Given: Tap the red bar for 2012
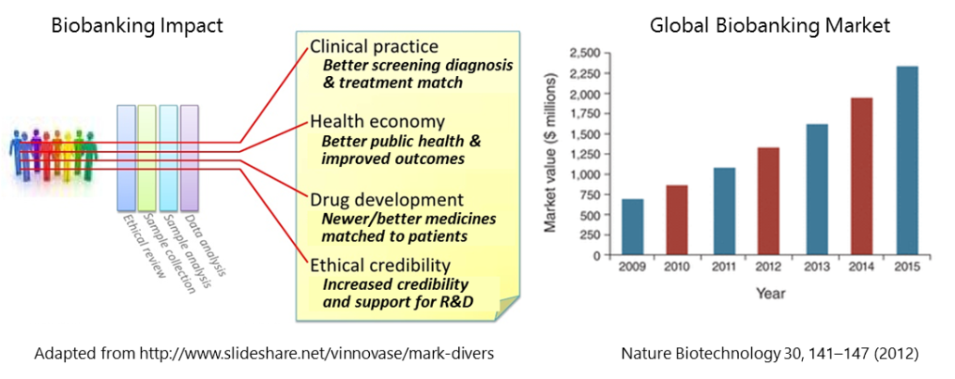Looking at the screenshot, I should tap(770, 200).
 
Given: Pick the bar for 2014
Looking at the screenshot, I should tap(861, 176).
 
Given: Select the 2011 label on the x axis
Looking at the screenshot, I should tap(723, 267).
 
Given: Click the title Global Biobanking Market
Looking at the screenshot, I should tap(769, 26).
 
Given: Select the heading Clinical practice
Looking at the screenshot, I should tap(374, 46).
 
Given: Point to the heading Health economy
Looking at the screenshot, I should tap(376, 122).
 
